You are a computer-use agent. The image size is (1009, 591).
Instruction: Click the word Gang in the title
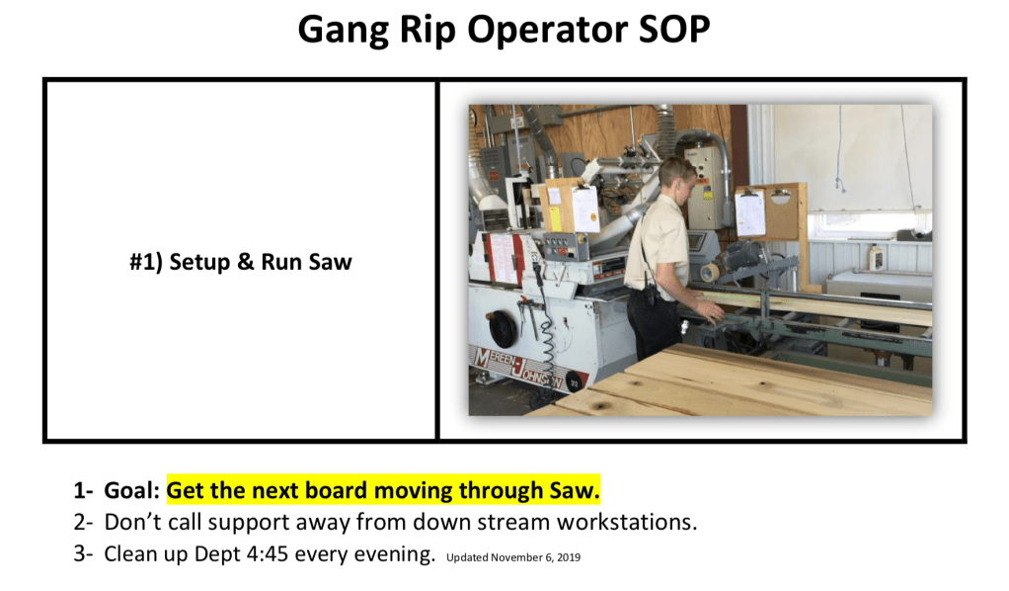343,31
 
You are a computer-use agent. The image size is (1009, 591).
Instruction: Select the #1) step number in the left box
146,262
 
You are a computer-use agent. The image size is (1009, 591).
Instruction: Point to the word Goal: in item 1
132,491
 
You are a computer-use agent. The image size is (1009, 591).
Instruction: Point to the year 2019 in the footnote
569,557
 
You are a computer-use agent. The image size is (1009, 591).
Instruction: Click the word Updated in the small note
467,558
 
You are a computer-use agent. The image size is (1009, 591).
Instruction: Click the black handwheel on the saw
504,329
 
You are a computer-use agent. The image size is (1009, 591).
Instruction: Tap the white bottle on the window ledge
875,257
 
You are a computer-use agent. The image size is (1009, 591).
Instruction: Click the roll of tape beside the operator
710,273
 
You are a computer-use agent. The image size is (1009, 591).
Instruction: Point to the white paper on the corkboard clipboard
750,212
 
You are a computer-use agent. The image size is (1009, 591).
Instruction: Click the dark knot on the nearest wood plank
601,406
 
